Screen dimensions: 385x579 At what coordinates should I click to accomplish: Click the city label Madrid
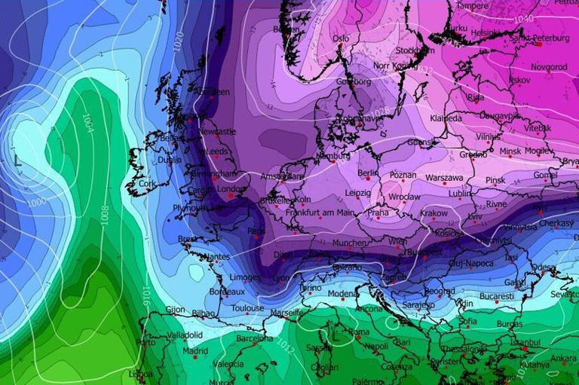click(x=195, y=350)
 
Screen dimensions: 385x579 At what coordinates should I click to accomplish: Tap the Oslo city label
click(x=341, y=38)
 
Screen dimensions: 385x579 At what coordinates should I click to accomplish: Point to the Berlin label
click(x=368, y=173)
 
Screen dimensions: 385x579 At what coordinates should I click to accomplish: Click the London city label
click(x=231, y=189)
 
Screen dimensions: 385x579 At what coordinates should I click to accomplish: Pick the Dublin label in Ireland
click(x=170, y=160)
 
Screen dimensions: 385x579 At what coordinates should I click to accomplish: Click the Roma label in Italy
click(x=359, y=332)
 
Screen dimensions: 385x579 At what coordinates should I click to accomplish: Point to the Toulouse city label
click(x=247, y=308)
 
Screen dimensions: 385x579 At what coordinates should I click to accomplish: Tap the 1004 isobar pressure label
click(x=87, y=121)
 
